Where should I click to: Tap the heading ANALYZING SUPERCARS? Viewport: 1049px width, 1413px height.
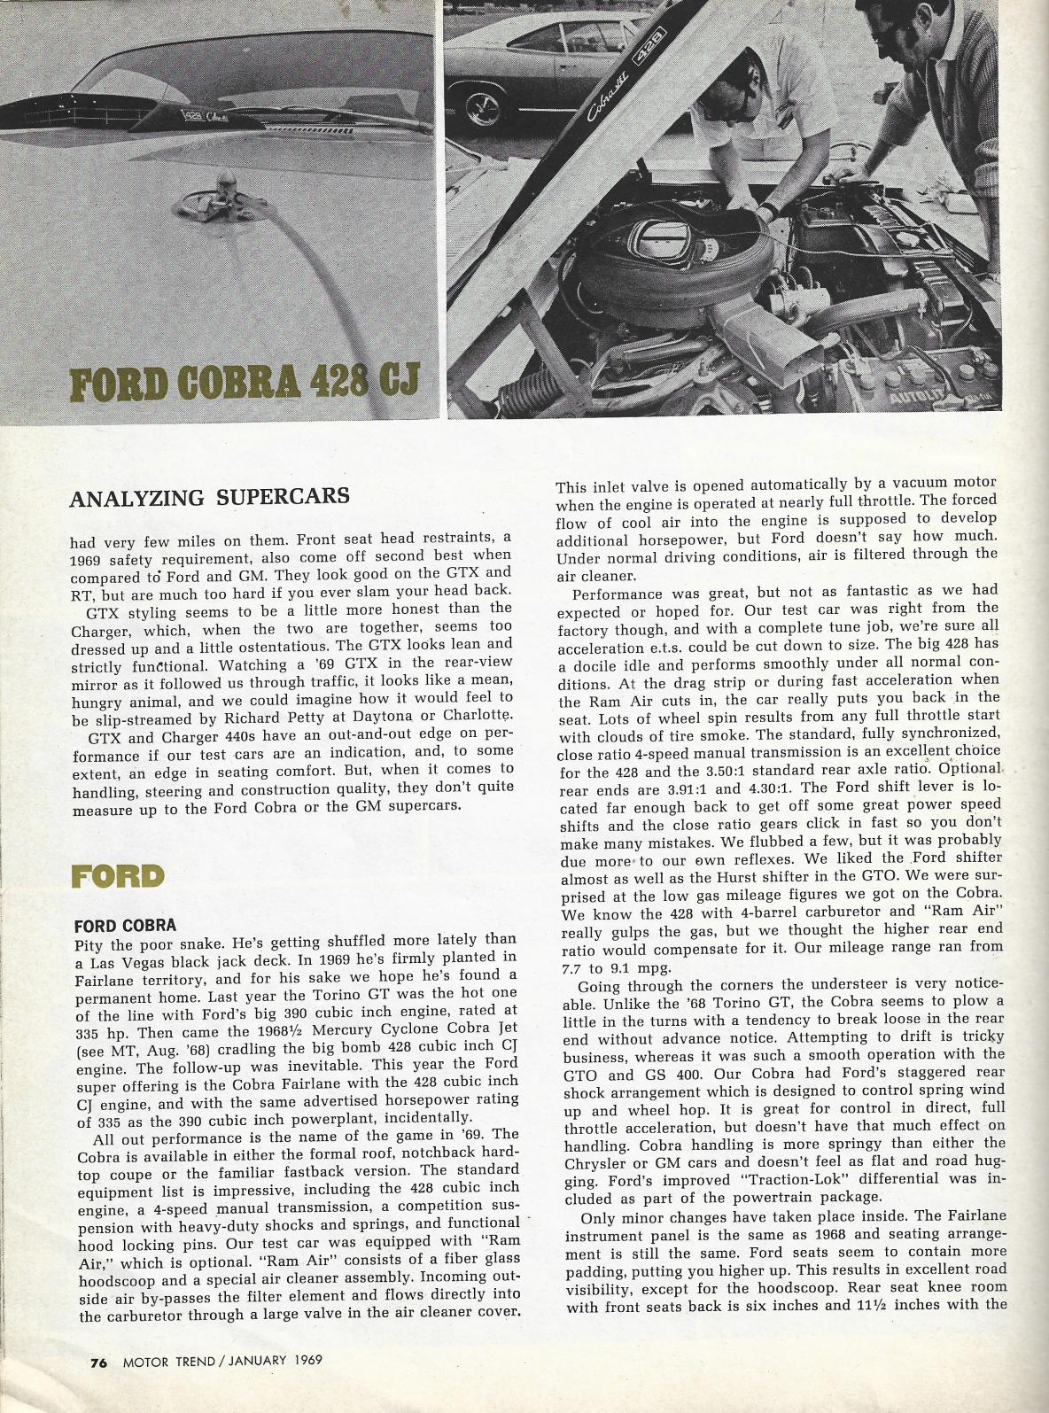pos(209,496)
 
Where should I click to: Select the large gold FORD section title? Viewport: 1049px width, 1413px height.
pos(118,876)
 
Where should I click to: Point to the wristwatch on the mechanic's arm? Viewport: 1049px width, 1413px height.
pos(770,207)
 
